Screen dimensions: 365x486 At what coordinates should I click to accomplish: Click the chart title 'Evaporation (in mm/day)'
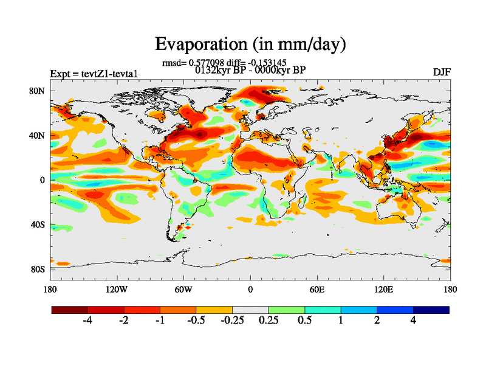click(x=250, y=44)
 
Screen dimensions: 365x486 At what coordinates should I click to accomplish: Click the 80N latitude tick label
click(x=37, y=91)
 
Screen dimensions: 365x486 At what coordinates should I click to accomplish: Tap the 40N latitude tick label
click(x=37, y=136)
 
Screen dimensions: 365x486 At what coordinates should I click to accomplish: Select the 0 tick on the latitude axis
click(x=43, y=180)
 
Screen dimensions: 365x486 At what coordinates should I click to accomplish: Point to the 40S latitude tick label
click(x=37, y=224)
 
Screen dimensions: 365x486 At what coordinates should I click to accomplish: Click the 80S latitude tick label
click(x=37, y=269)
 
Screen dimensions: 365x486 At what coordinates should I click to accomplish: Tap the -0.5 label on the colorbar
click(x=196, y=321)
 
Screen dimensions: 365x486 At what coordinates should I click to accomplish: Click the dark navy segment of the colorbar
click(x=431, y=310)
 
